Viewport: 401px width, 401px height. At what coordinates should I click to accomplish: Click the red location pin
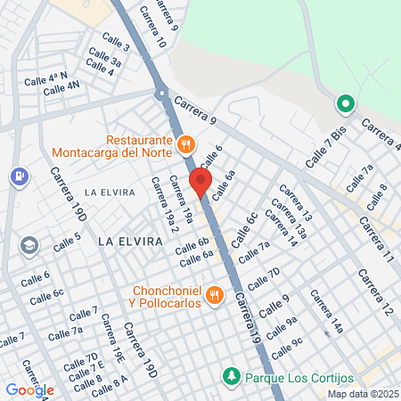(x=200, y=183)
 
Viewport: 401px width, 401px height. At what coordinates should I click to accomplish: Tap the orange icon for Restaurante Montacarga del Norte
(x=185, y=143)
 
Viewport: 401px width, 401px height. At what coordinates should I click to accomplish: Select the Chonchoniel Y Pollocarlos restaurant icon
(x=214, y=294)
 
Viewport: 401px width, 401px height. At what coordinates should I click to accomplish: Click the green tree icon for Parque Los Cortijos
(x=232, y=376)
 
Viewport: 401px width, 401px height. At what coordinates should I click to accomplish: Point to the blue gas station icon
(x=17, y=176)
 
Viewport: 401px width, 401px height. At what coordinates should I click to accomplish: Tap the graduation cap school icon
(x=30, y=243)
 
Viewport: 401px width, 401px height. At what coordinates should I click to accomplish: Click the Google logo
(x=29, y=389)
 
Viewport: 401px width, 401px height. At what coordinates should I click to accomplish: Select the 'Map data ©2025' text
(x=363, y=394)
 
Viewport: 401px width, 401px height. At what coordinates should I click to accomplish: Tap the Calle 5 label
(x=67, y=241)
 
